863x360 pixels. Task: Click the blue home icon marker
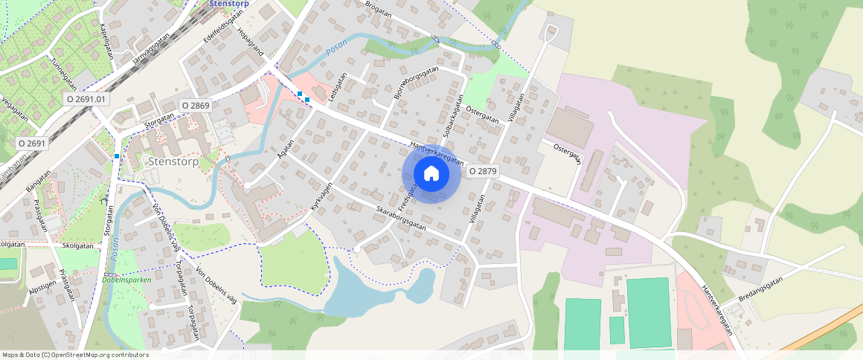431,173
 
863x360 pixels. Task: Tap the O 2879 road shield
482,171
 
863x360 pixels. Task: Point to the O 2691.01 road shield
87,98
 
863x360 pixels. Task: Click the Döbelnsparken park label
126,280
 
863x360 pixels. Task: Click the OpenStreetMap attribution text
75,355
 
